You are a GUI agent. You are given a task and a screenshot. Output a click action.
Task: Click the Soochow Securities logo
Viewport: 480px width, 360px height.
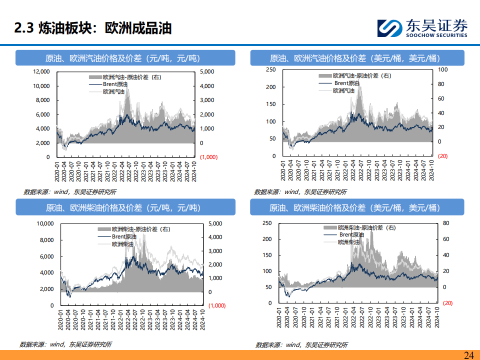421,28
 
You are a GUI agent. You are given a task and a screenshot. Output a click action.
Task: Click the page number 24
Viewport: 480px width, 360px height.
468,355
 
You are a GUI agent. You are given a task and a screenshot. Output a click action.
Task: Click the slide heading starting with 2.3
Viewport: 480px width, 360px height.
93,28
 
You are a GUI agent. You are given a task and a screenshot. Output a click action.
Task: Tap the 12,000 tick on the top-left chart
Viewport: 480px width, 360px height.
41,71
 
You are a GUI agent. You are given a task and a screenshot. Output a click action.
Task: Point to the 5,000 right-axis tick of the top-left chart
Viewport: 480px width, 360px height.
207,71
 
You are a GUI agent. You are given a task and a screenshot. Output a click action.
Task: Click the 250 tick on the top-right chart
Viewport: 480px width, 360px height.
270,69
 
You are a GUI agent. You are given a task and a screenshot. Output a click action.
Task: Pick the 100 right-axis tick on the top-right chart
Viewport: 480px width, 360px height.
442,69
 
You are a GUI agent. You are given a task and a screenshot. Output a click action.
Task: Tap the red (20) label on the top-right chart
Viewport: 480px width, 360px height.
442,156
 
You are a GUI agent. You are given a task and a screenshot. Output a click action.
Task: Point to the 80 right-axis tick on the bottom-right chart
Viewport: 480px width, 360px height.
446,223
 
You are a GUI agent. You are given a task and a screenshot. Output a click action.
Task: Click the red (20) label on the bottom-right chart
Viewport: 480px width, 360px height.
447,303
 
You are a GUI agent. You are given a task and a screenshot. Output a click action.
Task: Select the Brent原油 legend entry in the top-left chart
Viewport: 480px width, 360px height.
115,84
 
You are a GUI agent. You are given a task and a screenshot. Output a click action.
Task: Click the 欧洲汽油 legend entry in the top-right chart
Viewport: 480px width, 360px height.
344,90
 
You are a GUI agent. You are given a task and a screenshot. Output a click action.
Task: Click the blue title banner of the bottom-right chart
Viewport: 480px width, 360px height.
357,207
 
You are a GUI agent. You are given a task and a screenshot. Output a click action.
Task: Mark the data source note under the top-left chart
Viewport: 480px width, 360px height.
70,192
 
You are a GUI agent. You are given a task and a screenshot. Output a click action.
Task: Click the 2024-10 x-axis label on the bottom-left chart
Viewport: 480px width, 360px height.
201,318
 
